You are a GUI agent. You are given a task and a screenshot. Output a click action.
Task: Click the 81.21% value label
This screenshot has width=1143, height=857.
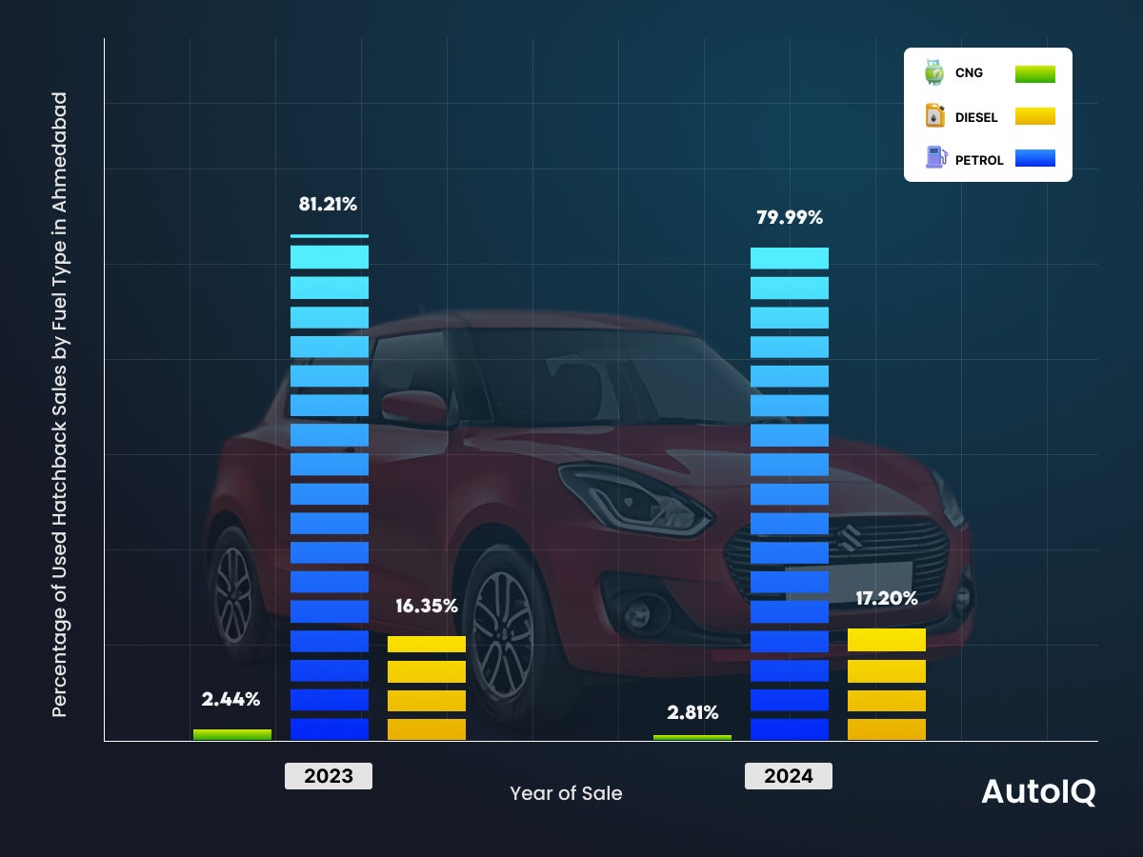329,204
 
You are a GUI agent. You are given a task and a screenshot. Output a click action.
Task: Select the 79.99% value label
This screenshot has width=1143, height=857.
789,217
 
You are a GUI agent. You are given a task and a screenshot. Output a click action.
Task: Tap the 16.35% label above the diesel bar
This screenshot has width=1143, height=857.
427,606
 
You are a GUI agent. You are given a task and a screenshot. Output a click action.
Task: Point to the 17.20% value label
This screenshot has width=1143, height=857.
886,598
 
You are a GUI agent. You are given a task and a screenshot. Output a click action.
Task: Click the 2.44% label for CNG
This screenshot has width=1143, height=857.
231,699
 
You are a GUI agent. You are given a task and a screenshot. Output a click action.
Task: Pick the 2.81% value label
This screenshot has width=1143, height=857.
692,712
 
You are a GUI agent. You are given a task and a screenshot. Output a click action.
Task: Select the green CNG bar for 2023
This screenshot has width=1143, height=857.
232,734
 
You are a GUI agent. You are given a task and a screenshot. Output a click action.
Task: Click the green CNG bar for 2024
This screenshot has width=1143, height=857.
692,737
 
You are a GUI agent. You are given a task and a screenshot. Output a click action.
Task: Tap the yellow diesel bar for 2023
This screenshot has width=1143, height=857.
427,688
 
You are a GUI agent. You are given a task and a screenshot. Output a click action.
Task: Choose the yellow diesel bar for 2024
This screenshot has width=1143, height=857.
887,684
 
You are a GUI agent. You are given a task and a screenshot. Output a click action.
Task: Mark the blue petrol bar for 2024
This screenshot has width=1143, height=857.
790,493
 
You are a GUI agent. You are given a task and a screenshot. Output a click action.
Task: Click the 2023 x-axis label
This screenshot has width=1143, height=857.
329,776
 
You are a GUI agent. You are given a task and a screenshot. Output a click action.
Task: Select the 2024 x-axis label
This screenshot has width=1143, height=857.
789,776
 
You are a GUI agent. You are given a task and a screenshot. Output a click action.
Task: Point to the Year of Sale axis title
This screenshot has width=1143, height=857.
566,793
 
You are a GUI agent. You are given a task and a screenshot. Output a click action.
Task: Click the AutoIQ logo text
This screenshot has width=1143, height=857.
1038,792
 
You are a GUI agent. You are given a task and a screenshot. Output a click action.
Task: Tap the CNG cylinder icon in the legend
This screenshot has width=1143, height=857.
934,72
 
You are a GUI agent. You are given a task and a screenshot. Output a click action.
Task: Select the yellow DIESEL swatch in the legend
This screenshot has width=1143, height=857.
1034,116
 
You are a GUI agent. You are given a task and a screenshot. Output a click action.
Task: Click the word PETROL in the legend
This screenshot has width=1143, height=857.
979,160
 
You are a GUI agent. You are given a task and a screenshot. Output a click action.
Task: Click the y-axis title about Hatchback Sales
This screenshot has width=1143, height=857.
60,405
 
